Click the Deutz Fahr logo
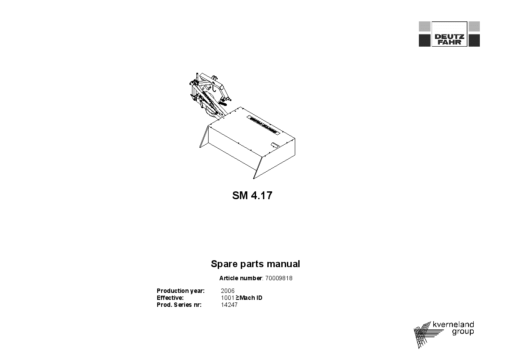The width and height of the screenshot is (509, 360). pyautogui.click(x=449, y=34)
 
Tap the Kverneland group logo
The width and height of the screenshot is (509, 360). pyautogui.click(x=444, y=335)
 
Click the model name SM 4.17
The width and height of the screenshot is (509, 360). pyautogui.click(x=252, y=195)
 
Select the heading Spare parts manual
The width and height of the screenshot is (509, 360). pyautogui.click(x=255, y=264)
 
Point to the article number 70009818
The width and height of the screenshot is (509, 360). pyautogui.click(x=279, y=278)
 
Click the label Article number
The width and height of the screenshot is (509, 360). pyautogui.click(x=240, y=278)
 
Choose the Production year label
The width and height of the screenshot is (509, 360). pyautogui.click(x=181, y=291)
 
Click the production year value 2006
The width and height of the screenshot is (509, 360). pyautogui.click(x=228, y=291)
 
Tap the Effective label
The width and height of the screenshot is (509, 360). pyautogui.click(x=170, y=298)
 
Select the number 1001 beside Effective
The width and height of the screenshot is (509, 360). pyautogui.click(x=228, y=298)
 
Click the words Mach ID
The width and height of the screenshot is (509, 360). pyautogui.click(x=251, y=298)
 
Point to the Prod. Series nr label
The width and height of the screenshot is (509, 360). pyautogui.click(x=179, y=305)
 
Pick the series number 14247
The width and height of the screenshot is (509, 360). pyautogui.click(x=229, y=305)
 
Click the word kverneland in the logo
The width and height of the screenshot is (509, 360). pyautogui.click(x=453, y=324)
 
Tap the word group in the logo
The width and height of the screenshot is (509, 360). pyautogui.click(x=463, y=332)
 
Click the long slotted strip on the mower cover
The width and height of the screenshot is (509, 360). pyautogui.click(x=263, y=125)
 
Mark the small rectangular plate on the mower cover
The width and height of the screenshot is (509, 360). pyautogui.click(x=274, y=145)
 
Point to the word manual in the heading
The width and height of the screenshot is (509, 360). pyautogui.click(x=283, y=264)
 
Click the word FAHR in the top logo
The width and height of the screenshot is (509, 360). pyautogui.click(x=449, y=42)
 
